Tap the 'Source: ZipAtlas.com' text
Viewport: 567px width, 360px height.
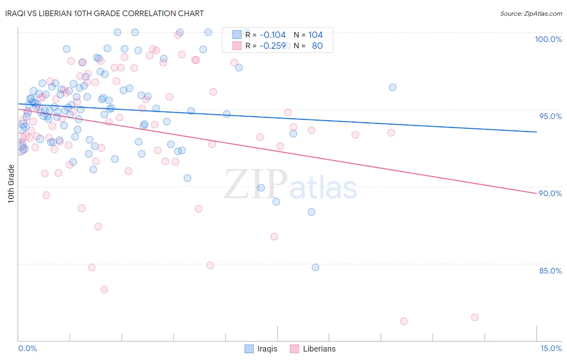pos(531,13)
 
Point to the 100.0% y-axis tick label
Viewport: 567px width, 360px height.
pos(548,39)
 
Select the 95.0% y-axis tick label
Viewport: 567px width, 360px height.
pos(550,116)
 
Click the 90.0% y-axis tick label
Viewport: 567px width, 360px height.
pos(550,193)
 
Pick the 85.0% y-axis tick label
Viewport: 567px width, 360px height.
pos(550,271)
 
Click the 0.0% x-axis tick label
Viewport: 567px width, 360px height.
pos(27,348)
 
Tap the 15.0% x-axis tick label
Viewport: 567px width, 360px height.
pos(551,348)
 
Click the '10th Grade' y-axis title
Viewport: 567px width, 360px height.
pos(11,184)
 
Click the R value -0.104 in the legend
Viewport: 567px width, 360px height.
pos(273,35)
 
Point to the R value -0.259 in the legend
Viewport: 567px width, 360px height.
pos(273,46)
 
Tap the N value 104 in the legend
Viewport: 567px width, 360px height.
pos(315,35)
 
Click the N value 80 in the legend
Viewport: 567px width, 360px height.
pos(317,46)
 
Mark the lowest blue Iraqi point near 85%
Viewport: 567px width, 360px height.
pos(315,267)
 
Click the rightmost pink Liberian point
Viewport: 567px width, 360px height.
pos(475,317)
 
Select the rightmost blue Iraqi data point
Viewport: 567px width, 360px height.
pos(392,87)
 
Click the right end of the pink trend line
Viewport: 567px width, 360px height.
pos(536,194)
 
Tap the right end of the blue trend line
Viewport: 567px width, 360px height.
pos(536,132)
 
